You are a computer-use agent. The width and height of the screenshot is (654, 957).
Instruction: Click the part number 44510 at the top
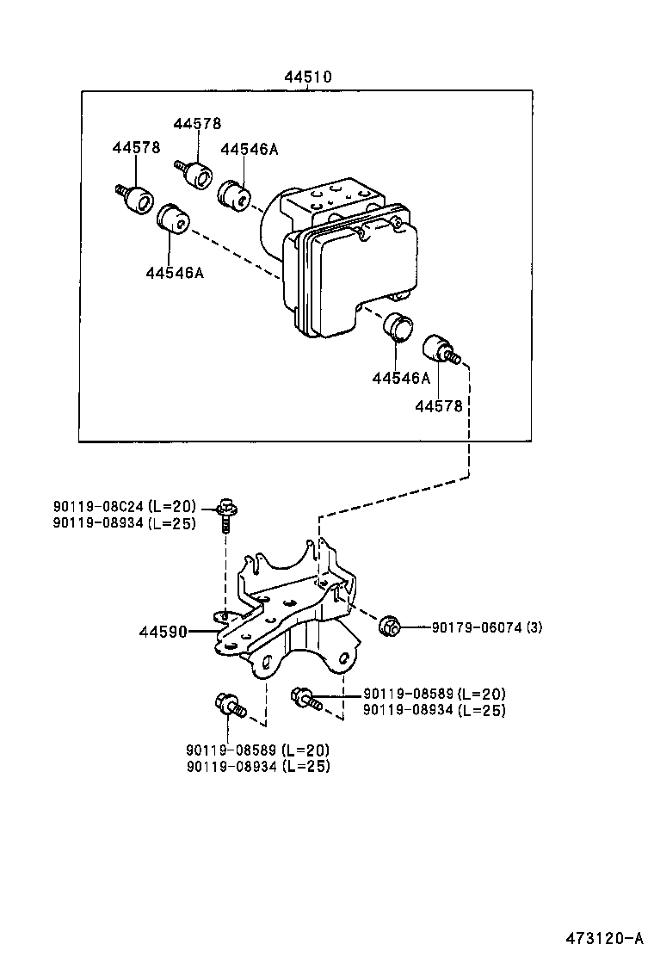(x=309, y=77)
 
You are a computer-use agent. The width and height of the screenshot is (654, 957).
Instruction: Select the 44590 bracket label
(x=163, y=632)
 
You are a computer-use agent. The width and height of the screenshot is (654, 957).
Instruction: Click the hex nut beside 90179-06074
(x=390, y=626)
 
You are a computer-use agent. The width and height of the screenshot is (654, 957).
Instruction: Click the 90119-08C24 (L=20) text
(x=124, y=506)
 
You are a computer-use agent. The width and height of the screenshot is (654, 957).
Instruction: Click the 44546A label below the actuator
(x=401, y=378)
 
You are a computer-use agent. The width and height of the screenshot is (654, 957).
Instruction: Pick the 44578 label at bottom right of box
(x=439, y=405)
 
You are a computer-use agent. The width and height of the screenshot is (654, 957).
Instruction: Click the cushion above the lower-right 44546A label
(x=397, y=327)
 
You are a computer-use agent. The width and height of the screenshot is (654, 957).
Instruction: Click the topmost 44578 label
(x=197, y=123)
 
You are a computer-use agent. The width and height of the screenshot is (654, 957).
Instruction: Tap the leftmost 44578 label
(x=136, y=147)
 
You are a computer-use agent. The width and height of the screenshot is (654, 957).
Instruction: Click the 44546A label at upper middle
(x=249, y=148)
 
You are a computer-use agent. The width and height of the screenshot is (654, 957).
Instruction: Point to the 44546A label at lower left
(x=174, y=273)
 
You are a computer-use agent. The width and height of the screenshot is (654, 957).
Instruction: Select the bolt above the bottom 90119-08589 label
(x=229, y=706)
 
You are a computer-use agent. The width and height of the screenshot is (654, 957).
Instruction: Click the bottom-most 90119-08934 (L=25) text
(x=257, y=765)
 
